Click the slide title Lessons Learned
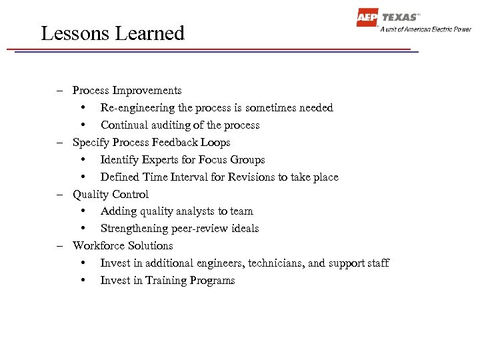tap(112, 33)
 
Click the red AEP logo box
tap(367, 18)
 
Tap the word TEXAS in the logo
tap(399, 17)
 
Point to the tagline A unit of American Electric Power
tap(425, 29)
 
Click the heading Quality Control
tap(111, 194)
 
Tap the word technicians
tap(276, 263)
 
